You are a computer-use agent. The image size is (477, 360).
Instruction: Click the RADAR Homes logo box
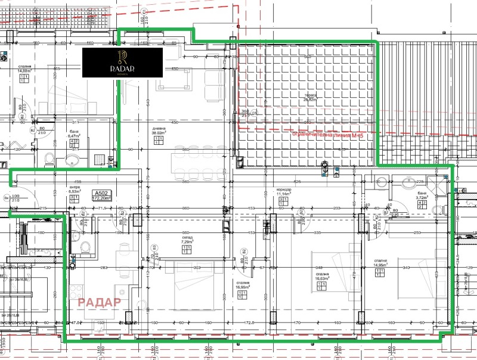point(122,63)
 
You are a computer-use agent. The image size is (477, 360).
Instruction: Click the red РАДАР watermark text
point(100,301)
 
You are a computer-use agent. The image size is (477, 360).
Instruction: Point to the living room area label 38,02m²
point(158,134)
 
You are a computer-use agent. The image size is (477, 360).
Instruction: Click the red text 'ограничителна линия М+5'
point(328,135)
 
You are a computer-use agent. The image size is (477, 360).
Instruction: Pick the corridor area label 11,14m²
point(283,194)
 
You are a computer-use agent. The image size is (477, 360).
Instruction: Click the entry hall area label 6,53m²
point(73,191)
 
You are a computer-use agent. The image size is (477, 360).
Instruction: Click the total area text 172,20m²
point(103,200)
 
